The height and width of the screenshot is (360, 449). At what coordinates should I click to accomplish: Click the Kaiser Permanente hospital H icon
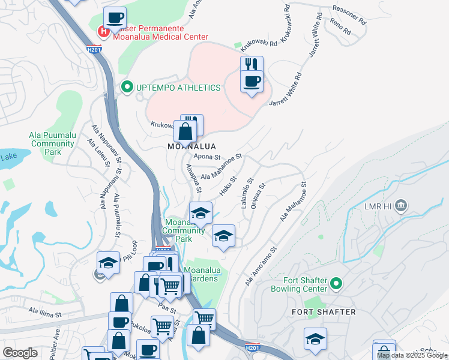click(104, 30)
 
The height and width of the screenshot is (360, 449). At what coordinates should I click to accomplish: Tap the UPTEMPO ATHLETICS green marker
click(127, 88)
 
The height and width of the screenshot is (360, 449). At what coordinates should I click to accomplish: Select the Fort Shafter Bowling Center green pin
click(336, 283)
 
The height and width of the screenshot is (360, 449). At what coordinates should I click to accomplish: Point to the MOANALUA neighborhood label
click(191, 146)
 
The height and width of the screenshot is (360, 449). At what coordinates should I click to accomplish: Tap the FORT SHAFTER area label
click(324, 312)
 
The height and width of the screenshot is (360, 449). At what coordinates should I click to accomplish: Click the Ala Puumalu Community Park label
click(52, 144)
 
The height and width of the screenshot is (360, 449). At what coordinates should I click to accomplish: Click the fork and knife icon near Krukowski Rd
click(252, 64)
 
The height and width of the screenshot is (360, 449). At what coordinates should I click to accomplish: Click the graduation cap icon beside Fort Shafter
click(315, 339)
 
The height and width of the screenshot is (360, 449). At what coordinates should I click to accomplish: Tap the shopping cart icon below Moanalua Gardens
click(205, 317)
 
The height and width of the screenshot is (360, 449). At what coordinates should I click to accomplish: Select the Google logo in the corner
click(20, 353)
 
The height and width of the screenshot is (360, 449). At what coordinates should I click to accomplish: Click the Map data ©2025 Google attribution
click(412, 355)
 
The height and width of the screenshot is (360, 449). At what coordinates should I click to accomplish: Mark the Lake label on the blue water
click(8, 157)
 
